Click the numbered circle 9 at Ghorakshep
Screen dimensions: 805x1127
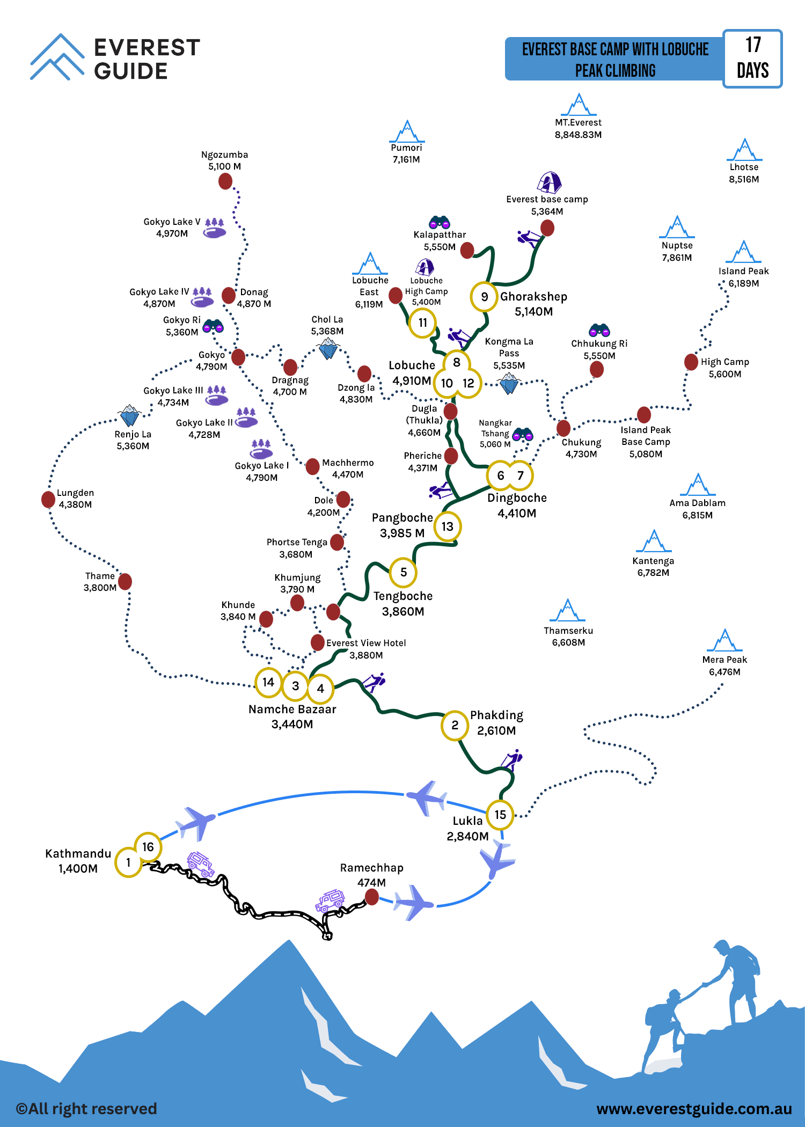point(484,297)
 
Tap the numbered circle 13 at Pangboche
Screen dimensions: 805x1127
point(448,526)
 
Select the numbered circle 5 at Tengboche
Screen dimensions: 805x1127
point(404,572)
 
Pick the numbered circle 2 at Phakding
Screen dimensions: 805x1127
point(455,726)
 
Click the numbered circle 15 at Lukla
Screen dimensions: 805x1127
point(500,815)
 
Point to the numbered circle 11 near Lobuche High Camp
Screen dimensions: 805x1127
point(423,323)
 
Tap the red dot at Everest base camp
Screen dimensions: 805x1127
point(547,228)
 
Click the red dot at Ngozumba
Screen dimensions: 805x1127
point(225,181)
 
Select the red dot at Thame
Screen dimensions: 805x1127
point(125,581)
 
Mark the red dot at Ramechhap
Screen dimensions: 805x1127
point(371,896)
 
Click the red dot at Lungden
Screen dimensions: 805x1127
point(48,499)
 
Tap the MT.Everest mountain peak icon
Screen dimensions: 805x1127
point(579,105)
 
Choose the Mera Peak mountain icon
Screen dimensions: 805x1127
point(725,640)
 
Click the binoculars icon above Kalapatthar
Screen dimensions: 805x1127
point(440,222)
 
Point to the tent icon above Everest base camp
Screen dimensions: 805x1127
point(549,182)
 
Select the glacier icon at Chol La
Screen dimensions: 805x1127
point(328,349)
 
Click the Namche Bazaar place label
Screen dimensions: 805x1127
point(292,709)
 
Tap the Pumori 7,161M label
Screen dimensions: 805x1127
point(406,153)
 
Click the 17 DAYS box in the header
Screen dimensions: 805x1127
point(752,58)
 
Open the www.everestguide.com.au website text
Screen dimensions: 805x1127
point(694,1109)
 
